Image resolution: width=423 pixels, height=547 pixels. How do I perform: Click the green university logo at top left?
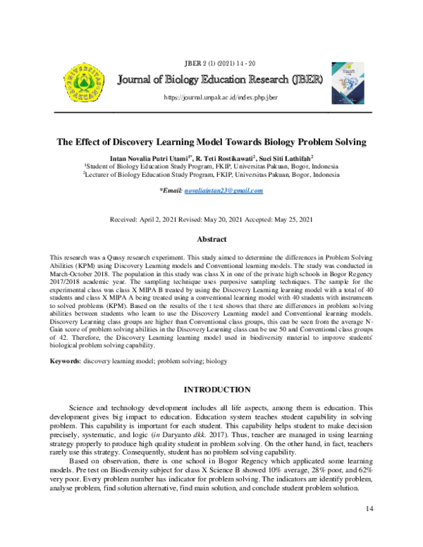(x=82, y=79)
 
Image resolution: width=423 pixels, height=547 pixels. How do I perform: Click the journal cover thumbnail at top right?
(x=346, y=80)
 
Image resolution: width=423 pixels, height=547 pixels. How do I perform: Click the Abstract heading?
(x=211, y=240)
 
